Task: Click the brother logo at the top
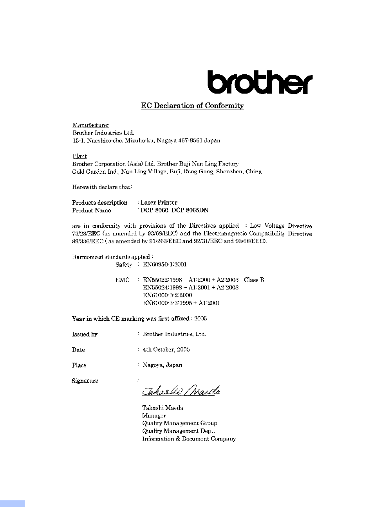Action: [x=260, y=82]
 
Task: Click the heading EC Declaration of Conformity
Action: [x=192, y=106]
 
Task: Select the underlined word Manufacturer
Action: [x=91, y=125]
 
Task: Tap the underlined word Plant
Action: [x=79, y=156]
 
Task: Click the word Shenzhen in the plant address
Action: [x=229, y=172]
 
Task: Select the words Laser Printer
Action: [x=159, y=203]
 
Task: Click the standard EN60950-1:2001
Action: [x=165, y=264]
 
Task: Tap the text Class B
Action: [x=254, y=280]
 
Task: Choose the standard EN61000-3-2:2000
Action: [x=167, y=295]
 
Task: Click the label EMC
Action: [x=122, y=280]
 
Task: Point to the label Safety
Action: [x=124, y=265]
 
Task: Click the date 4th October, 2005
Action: [x=166, y=350]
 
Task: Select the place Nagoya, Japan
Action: [x=162, y=365]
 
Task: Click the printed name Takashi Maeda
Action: [x=163, y=408]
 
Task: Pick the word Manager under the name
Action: [x=154, y=415]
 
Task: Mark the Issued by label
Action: [x=85, y=334]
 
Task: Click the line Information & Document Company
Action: [x=189, y=439]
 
